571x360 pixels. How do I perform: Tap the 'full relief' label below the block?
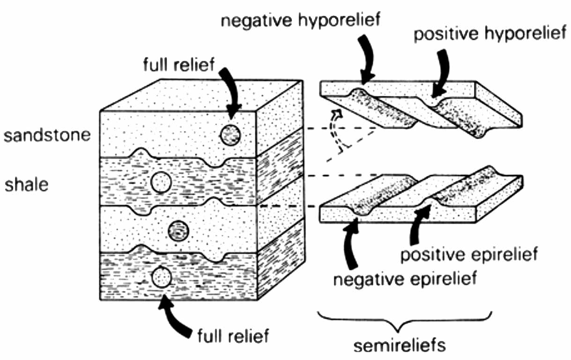[233, 336]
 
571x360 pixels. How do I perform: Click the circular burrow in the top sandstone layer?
[230, 135]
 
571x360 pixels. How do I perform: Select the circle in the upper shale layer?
[161, 182]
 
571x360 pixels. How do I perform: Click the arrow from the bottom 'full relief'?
[176, 314]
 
